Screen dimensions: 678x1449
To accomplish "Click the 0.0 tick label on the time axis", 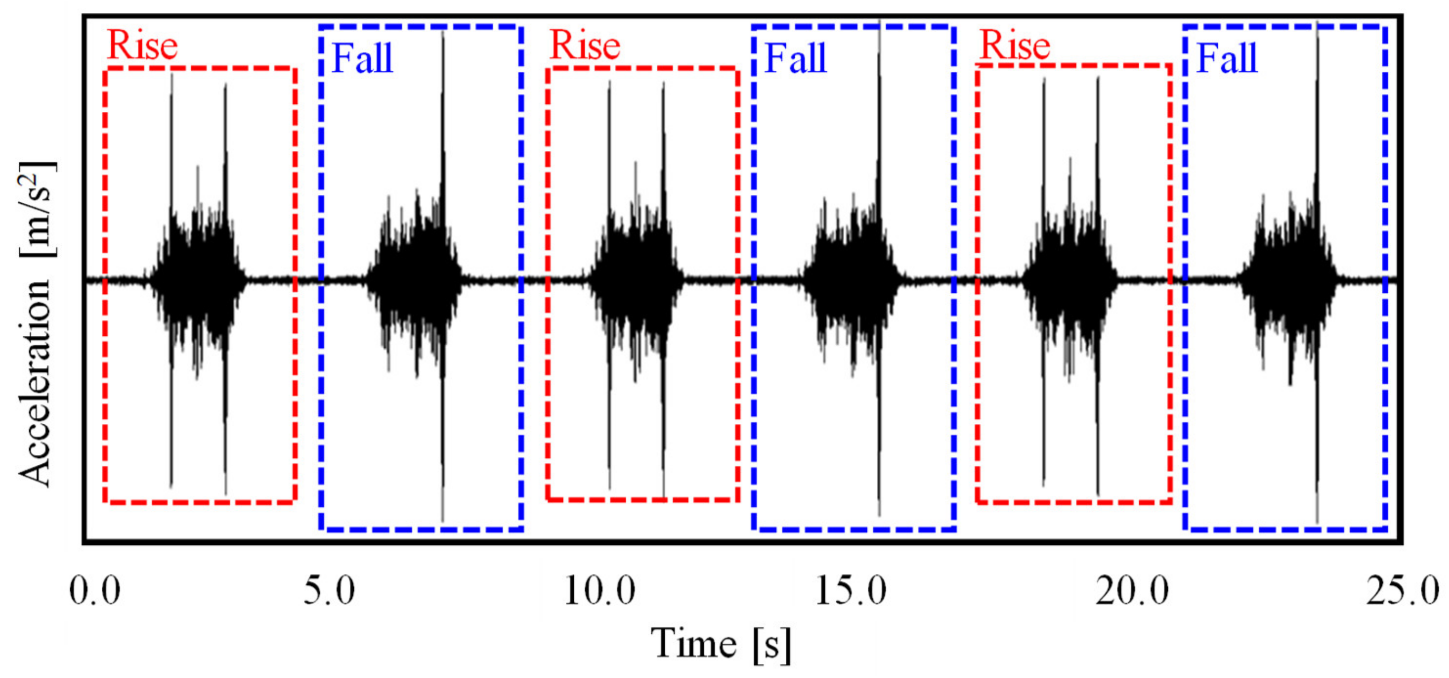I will (94, 591).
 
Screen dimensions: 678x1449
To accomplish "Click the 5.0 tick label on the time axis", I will (329, 591).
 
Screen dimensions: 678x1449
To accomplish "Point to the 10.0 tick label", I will (600, 591).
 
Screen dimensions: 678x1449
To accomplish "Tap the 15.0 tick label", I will (850, 591).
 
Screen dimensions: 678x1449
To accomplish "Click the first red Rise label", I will (142, 45).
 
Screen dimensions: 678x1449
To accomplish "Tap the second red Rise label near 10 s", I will (585, 45).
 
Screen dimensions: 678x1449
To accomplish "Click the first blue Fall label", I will (362, 59).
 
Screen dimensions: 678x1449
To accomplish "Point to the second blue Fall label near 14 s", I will (795, 59).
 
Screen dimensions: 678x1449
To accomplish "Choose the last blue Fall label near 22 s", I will (1226, 59).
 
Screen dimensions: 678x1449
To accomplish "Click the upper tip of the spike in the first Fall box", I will (443, 33).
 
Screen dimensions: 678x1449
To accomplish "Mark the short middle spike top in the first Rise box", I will (197, 166).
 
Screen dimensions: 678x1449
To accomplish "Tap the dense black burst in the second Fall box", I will (849, 280).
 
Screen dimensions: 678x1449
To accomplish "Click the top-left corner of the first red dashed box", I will (105, 69).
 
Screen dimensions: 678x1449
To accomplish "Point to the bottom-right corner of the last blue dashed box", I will (1386, 528).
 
